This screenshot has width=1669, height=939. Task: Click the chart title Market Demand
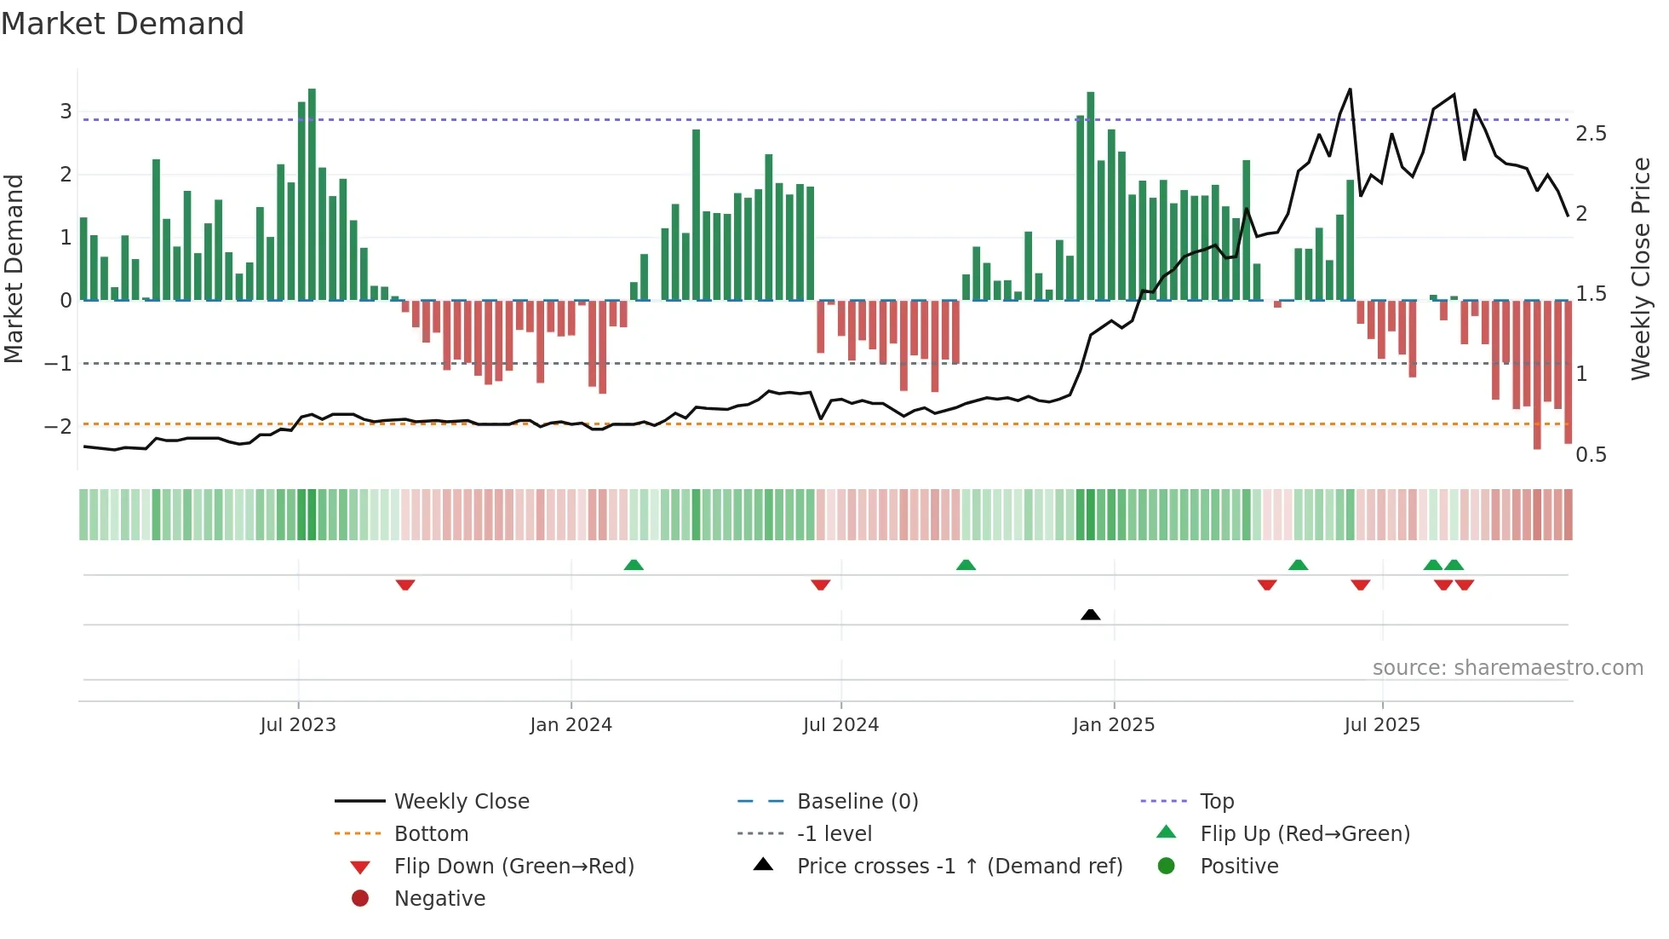(123, 24)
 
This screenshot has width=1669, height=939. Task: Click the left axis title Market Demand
(14, 268)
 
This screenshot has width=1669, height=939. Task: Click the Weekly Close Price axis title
(1640, 268)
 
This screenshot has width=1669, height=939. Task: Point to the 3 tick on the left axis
(66, 112)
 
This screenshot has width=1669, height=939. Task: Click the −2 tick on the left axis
(59, 426)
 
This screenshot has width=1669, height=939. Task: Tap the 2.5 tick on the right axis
(1591, 134)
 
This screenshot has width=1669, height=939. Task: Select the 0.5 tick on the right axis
(1591, 455)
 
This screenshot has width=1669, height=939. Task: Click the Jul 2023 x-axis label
(298, 725)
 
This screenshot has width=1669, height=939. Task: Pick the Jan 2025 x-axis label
(1113, 725)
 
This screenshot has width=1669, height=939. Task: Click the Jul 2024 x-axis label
(840, 725)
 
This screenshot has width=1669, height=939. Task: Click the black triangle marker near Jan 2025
(1090, 614)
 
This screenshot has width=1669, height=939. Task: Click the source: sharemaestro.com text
(1507, 668)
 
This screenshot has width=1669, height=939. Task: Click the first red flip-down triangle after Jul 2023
(405, 585)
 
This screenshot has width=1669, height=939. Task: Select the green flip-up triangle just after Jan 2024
(634, 565)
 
